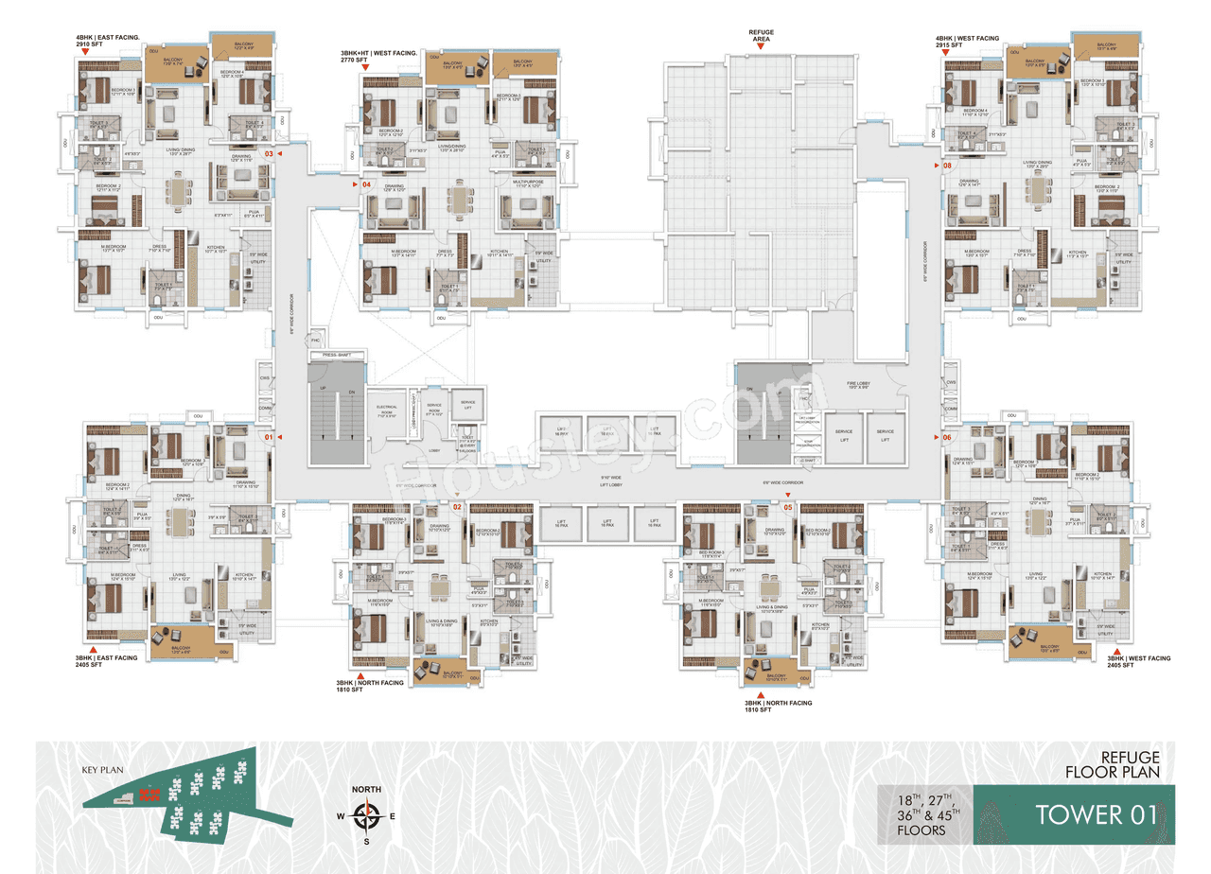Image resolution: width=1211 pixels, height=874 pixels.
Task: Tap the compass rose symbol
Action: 365,814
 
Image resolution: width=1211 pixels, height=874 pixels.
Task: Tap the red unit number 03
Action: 269,153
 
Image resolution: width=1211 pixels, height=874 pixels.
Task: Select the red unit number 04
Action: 366,184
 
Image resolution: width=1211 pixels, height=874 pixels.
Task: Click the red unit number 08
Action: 947,166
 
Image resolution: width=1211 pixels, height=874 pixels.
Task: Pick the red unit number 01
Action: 268,437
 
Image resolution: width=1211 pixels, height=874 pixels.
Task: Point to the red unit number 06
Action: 947,437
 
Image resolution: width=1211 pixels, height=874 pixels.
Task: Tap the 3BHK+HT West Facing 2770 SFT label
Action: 380,55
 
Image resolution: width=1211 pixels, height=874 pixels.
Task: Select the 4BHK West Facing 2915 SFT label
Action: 967,42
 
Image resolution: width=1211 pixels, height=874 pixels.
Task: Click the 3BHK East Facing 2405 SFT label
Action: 107,661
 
